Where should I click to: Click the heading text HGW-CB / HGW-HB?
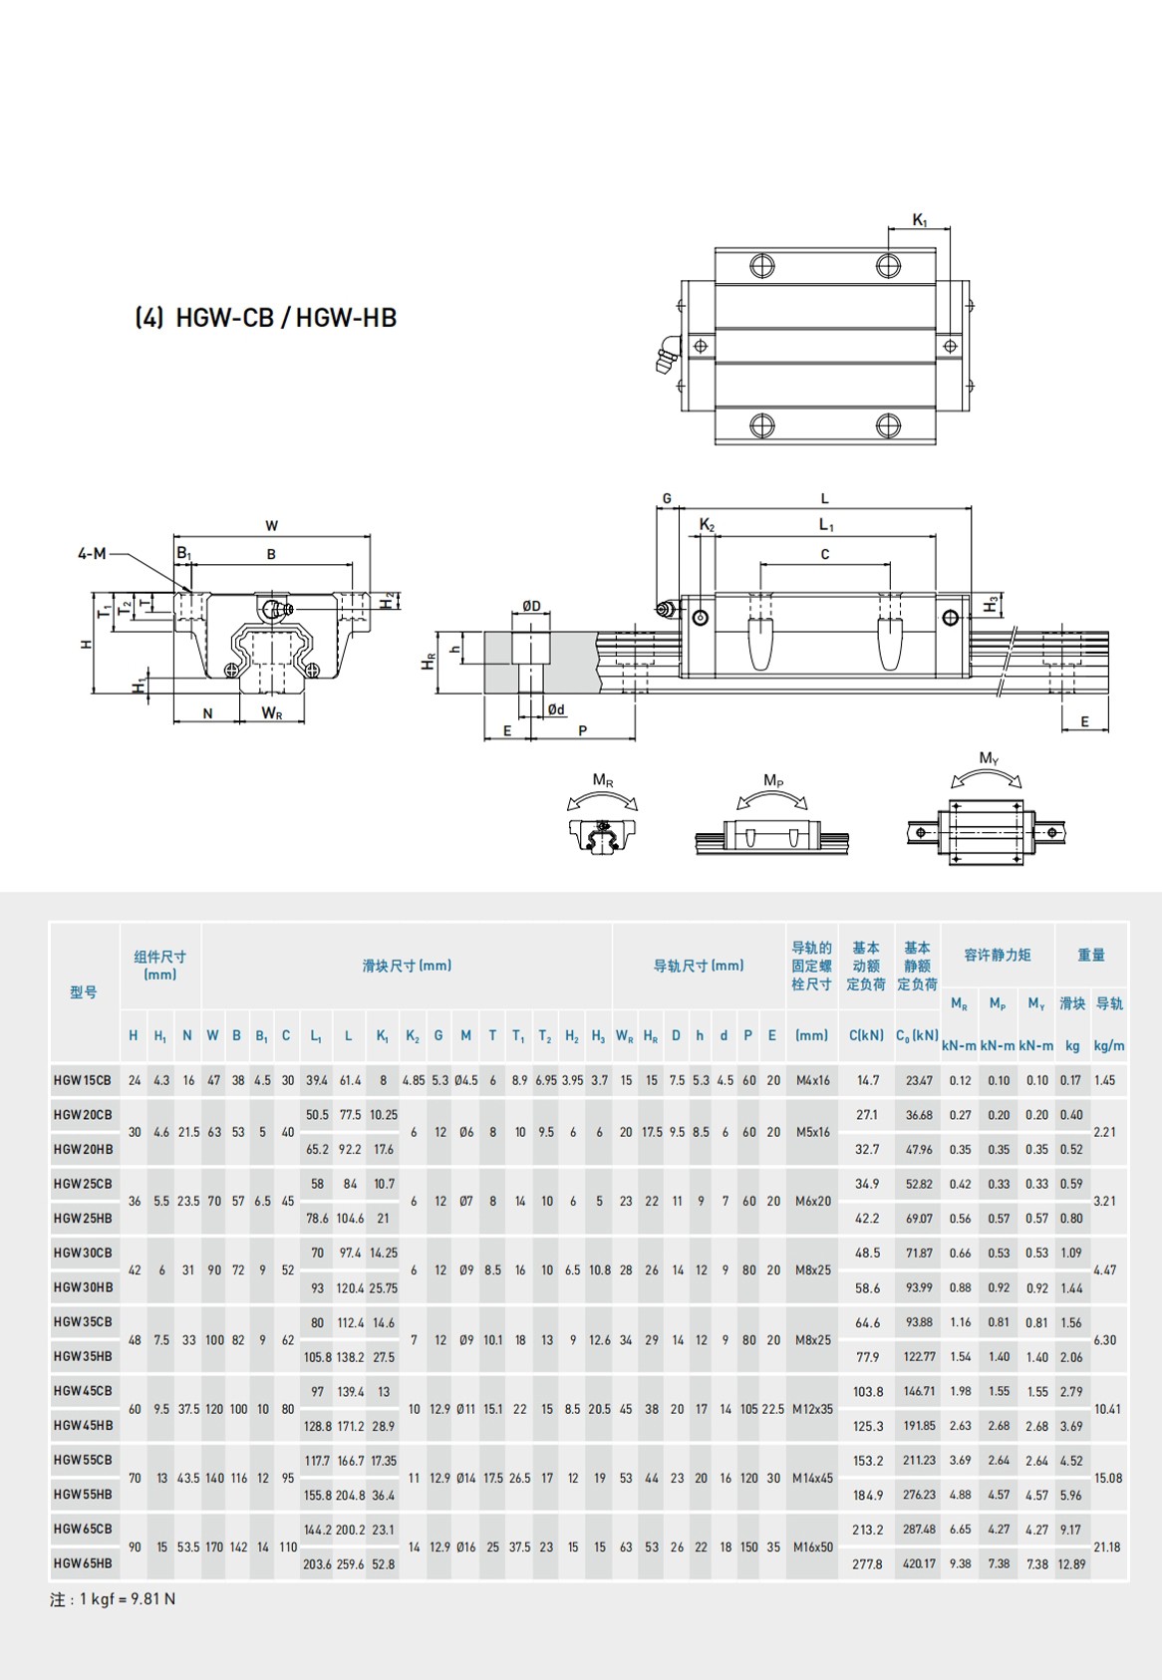coord(286,318)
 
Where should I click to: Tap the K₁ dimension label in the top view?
coord(920,220)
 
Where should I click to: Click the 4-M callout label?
coord(93,553)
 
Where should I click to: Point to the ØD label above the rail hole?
coord(531,605)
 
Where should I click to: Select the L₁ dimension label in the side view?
coord(826,525)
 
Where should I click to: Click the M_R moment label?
coord(603,780)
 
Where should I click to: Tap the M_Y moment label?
coord(990,758)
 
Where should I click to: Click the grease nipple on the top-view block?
coord(666,354)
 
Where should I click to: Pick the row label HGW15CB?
coord(83,1080)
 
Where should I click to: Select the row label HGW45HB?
coord(84,1425)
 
